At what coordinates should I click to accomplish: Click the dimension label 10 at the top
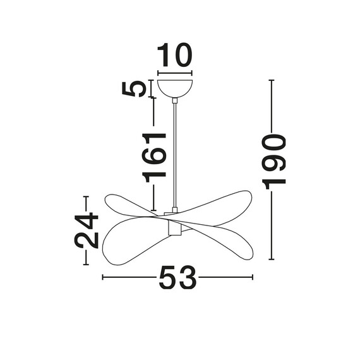(175, 55)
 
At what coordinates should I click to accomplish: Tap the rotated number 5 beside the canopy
(134, 88)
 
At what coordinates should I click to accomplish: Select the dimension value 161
(153, 157)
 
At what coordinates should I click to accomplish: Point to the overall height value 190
(273, 162)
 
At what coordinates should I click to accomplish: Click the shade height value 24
(87, 231)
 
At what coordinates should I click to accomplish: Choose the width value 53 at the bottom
(177, 277)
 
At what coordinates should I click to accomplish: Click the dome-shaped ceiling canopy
(175, 88)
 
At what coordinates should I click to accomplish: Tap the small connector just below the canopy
(175, 100)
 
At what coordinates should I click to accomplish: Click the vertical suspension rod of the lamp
(175, 155)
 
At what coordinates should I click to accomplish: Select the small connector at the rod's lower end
(175, 210)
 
